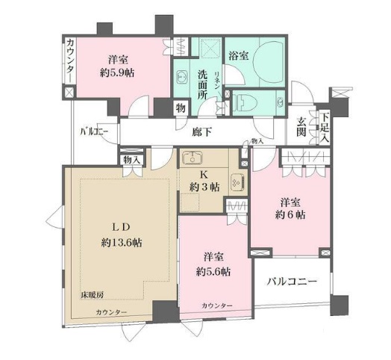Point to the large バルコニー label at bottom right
292,282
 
